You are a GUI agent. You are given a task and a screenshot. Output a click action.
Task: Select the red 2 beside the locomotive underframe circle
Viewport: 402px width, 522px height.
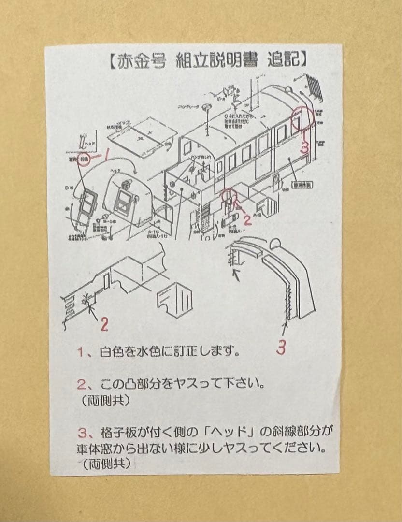tap(247, 220)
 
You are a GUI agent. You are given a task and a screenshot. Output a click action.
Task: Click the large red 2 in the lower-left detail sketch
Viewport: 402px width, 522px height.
tap(104, 325)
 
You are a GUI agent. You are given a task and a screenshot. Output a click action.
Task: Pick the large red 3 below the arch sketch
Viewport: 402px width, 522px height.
tap(282, 347)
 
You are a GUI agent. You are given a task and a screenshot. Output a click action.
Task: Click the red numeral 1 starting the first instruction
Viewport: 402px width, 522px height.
tap(81, 351)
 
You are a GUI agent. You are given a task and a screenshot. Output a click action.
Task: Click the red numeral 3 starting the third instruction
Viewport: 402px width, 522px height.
tap(81, 430)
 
